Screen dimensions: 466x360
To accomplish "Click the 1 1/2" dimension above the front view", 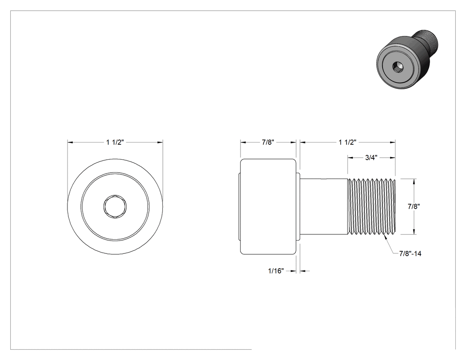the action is [x=115, y=142].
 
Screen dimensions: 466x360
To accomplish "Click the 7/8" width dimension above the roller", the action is [x=268, y=142].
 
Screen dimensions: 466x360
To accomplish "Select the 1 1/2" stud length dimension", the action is [x=348, y=142].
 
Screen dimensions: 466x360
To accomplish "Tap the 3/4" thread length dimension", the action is [x=371, y=158].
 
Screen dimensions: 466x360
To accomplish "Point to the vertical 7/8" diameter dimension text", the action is [x=414, y=206].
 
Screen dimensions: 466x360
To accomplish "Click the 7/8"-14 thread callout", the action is [x=411, y=253].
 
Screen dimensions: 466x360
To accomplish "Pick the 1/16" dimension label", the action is [x=276, y=271].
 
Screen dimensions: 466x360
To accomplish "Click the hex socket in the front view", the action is [x=115, y=206].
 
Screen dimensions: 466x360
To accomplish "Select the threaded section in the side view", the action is [x=371, y=206].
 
